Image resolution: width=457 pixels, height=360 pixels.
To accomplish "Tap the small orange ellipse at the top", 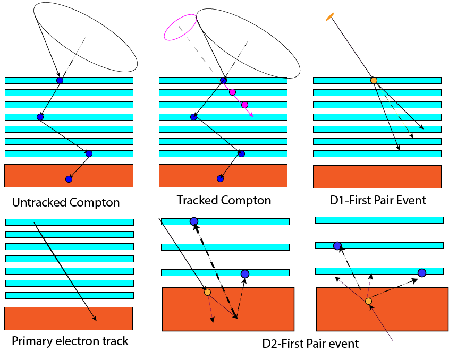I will coord(330,17).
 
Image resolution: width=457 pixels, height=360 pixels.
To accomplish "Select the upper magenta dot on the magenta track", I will coord(232,92).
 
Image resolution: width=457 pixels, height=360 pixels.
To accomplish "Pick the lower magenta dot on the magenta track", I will coord(244,105).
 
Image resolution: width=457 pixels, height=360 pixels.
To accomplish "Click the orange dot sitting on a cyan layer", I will coord(374,81).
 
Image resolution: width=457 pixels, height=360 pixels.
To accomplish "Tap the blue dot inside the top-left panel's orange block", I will coord(69,179).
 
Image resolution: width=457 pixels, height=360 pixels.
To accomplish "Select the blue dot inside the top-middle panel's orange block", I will coord(220,179).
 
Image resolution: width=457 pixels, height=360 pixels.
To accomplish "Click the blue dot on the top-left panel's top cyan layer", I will coord(60,81).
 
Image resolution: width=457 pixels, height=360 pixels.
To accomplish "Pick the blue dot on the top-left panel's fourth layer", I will coord(40,117).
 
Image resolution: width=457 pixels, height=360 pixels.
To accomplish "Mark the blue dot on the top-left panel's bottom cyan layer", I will coord(89,154).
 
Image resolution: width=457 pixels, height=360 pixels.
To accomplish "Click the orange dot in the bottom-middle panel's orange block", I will coord(207,292).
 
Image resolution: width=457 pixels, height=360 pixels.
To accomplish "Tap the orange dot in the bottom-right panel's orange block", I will coord(368,301).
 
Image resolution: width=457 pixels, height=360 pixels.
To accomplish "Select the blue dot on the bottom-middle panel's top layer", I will coord(194,221).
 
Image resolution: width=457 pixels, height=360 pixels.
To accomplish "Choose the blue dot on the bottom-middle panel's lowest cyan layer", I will coord(245,274).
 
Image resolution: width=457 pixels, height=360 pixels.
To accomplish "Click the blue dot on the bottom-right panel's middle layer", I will coord(337,246).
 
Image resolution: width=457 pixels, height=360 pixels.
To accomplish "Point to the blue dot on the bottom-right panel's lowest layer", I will coord(422,273).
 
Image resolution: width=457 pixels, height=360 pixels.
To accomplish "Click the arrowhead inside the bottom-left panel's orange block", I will coord(95,319).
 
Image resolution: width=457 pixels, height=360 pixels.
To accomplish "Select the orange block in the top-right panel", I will coord(377,177).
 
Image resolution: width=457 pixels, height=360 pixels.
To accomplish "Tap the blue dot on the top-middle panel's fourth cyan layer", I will coord(194,117).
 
